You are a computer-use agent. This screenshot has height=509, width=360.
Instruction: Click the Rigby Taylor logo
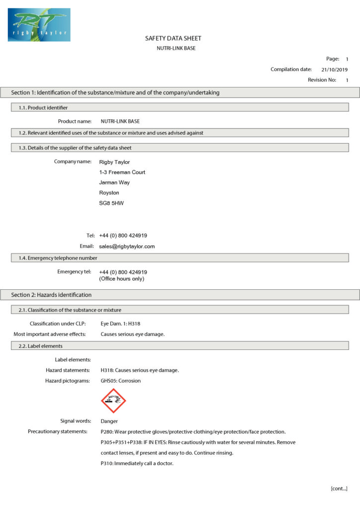pyautogui.click(x=39, y=24)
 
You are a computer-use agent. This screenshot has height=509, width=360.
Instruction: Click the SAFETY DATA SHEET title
pyautogui.click(x=173, y=38)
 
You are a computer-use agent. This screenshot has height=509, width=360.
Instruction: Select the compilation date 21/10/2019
pyautogui.click(x=334, y=70)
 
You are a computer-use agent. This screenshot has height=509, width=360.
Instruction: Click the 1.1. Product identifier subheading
pyautogui.click(x=48, y=107)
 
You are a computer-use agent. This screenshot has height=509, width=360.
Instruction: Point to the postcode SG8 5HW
pyautogui.click(x=111, y=203)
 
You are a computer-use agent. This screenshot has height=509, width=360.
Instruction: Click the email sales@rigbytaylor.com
pyautogui.click(x=127, y=246)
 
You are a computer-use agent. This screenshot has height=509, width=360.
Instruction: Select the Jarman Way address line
pyautogui.click(x=114, y=182)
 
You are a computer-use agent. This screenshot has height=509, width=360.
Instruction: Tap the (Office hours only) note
pyautogui.click(x=122, y=279)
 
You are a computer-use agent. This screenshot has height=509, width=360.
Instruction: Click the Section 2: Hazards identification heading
pyautogui.click(x=52, y=295)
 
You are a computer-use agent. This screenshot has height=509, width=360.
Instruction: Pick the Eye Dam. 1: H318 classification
pyautogui.click(x=120, y=324)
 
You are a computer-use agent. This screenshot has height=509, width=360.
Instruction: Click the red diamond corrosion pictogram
pyautogui.click(x=113, y=401)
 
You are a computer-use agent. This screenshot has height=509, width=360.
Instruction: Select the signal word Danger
pyautogui.click(x=109, y=421)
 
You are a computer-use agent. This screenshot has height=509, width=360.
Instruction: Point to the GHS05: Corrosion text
pyautogui.click(x=120, y=381)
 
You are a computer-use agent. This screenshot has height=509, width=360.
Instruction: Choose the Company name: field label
pyautogui.click(x=73, y=162)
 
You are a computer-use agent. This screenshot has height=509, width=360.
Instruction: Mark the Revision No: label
pyautogui.click(x=322, y=80)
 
